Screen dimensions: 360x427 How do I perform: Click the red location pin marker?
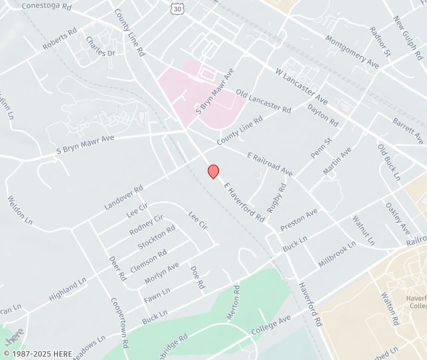(x=213, y=171)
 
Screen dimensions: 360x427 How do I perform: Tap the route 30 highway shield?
(x=176, y=8)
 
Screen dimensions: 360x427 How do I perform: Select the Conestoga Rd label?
(x=46, y=7)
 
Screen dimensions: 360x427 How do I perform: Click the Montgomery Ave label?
(x=352, y=51)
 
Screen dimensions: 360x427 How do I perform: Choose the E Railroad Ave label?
(x=270, y=164)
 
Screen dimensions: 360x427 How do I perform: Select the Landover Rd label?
(x=124, y=198)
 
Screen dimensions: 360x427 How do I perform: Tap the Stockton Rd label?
(x=156, y=237)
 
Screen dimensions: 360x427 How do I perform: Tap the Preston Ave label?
(x=299, y=220)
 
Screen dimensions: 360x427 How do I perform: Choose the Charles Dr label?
(x=100, y=47)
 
